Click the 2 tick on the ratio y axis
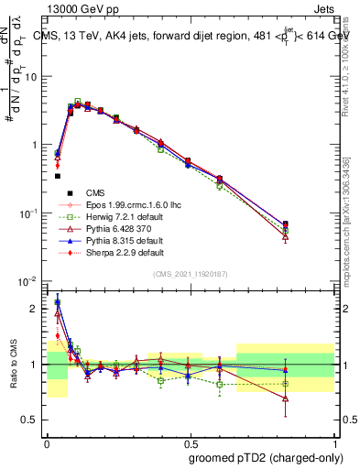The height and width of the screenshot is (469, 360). click(34, 309)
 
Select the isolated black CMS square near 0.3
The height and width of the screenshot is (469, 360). click(57, 176)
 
